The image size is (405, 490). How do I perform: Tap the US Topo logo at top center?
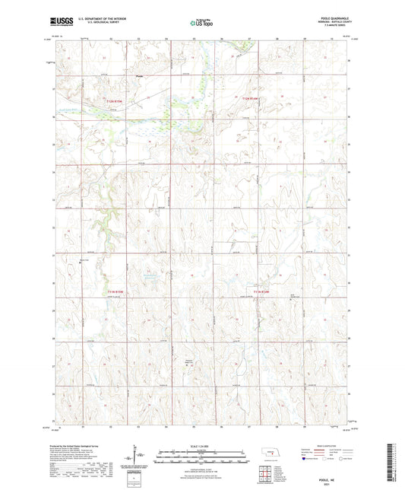[202, 24]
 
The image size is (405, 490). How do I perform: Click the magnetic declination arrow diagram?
[137, 460]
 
